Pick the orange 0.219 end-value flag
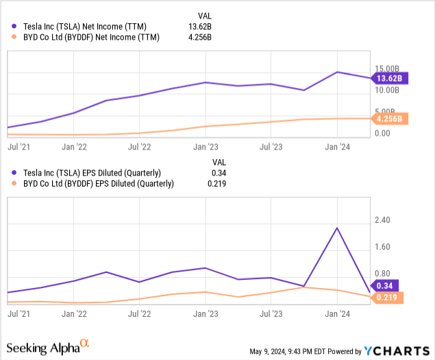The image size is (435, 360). [x=388, y=298]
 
